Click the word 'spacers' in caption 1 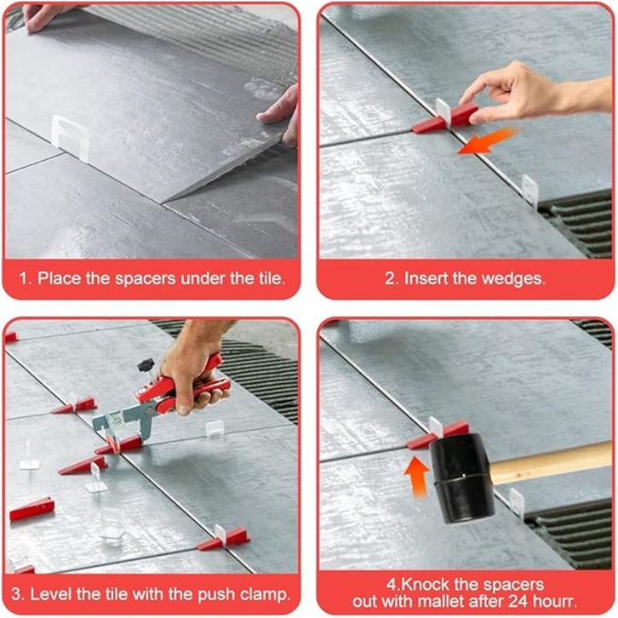point(145,279)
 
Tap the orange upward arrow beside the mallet point(417,477)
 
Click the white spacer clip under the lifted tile point(70,135)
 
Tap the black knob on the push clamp point(146,366)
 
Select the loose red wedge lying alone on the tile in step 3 point(32,508)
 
